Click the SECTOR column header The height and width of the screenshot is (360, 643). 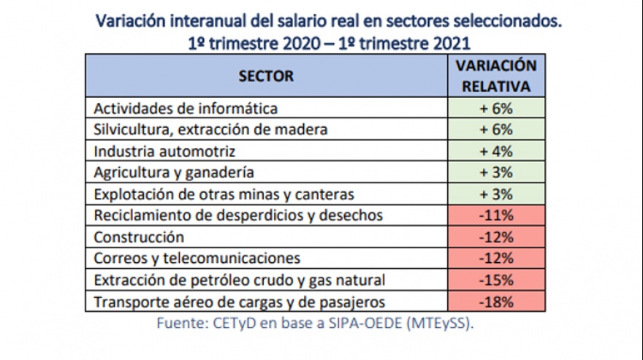266,76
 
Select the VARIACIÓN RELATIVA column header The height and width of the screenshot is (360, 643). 496,76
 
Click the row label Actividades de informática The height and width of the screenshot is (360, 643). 186,109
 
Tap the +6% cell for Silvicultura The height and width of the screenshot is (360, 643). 496,129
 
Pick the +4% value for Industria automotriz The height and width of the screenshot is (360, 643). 496,151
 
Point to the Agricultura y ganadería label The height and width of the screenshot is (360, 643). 174,172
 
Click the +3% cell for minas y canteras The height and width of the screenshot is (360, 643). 496,194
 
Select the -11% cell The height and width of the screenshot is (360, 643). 496,215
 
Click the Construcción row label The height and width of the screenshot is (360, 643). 139,237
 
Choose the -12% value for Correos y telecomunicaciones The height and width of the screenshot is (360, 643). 496,258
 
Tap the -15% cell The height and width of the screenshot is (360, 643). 496,280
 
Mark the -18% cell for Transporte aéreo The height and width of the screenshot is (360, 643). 496,302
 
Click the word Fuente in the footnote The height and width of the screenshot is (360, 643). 183,323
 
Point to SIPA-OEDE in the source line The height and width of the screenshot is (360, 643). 365,323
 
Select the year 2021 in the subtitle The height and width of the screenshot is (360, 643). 450,43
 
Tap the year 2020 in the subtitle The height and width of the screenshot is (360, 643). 300,43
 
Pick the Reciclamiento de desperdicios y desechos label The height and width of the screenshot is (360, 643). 238,215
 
